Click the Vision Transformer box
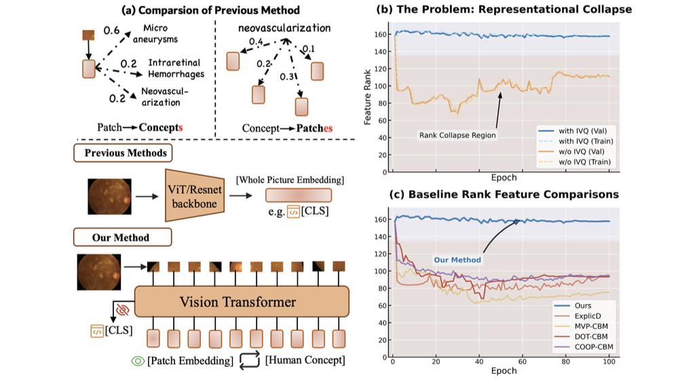tap(242, 301)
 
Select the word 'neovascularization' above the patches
tap(284, 28)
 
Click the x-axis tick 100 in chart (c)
tap(609, 362)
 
